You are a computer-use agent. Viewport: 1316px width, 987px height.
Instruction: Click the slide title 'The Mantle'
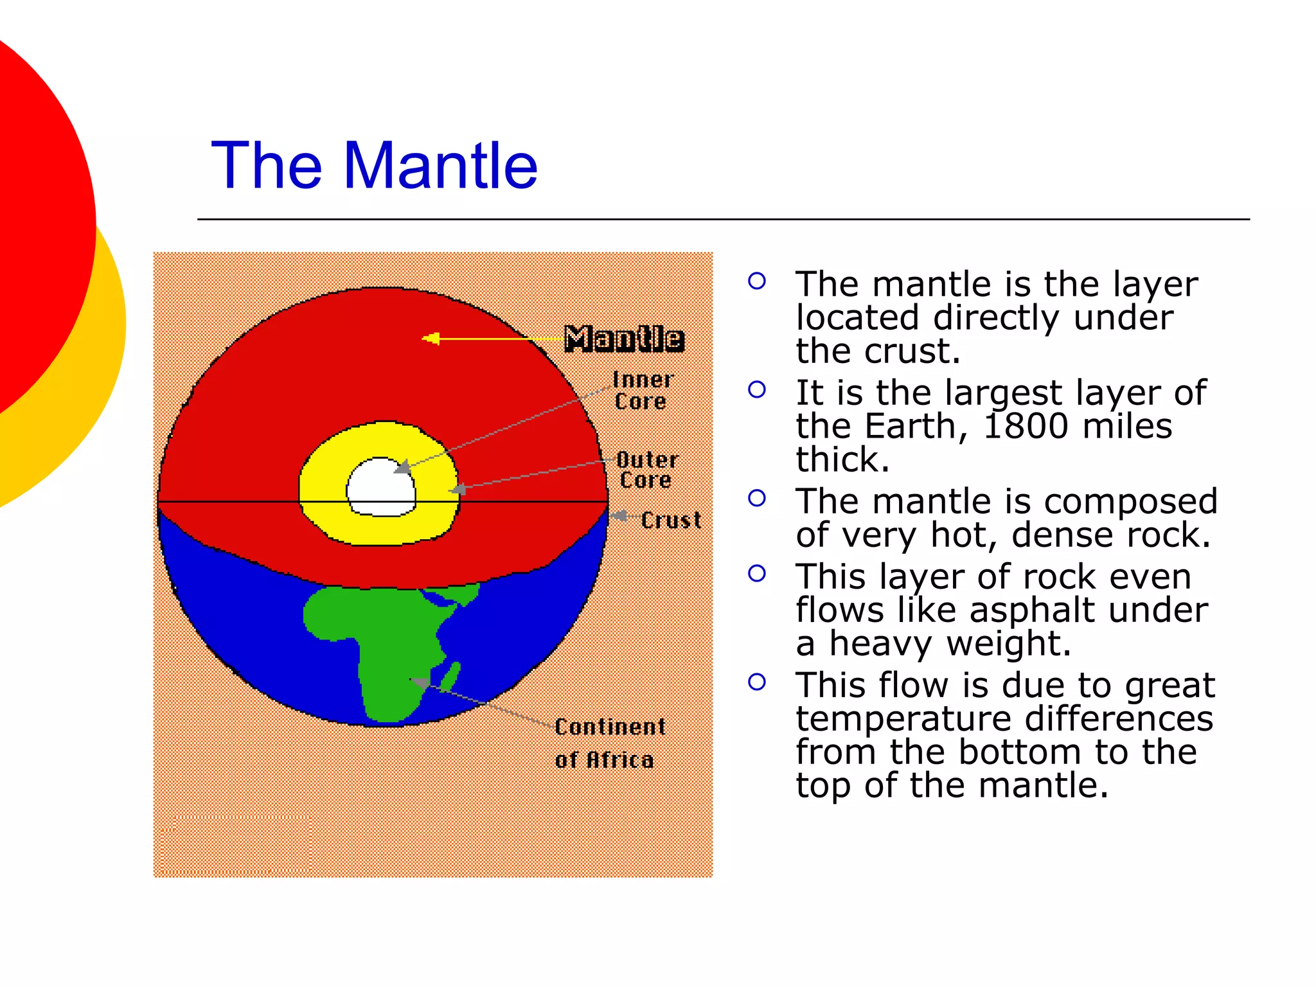pos(374,166)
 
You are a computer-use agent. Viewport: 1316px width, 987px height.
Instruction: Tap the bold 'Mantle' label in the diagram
pos(623,339)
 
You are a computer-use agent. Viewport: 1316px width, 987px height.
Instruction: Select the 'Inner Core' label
pos(642,391)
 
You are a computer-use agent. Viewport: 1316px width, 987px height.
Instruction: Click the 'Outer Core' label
pos(646,470)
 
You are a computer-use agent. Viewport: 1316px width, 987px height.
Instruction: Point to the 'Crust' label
pos(670,520)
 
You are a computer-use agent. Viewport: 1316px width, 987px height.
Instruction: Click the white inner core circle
pos(381,487)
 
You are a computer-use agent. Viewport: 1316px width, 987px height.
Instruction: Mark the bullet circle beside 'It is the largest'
pos(757,389)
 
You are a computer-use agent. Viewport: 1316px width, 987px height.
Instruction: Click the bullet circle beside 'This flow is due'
pos(757,682)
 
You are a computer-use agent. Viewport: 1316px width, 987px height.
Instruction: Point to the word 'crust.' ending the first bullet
pos(912,351)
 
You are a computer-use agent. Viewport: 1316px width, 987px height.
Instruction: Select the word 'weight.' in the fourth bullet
pos(1008,643)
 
